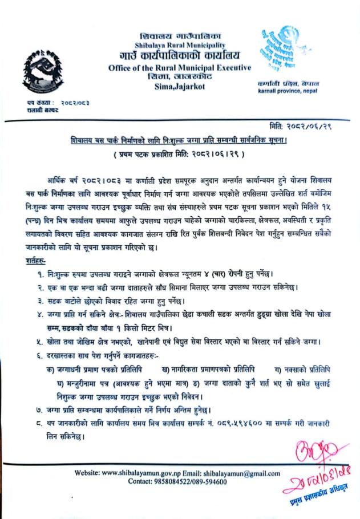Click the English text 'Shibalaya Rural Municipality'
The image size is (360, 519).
point(180,45)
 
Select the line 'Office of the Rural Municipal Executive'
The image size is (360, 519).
point(180,68)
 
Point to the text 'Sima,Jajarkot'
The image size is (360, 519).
point(180,87)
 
